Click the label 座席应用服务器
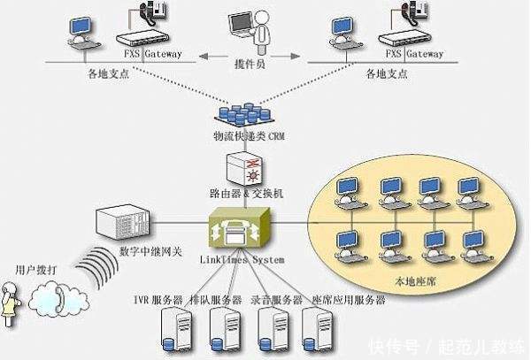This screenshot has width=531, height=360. click(350, 301)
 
